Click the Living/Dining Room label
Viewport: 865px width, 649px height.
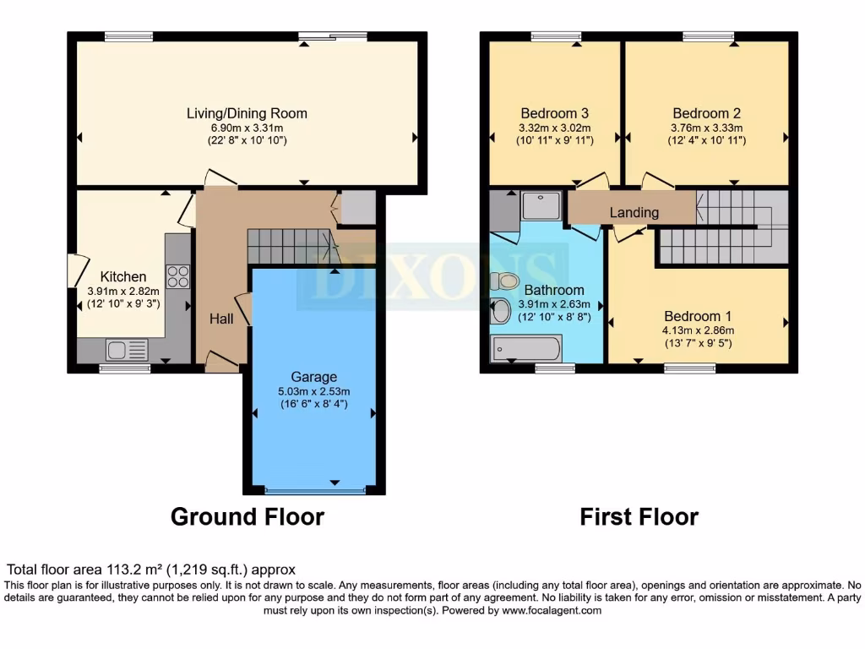click(x=247, y=113)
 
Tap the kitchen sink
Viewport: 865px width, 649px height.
click(x=126, y=349)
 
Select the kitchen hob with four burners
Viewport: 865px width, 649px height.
click(x=178, y=276)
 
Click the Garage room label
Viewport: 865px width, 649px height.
click(x=314, y=377)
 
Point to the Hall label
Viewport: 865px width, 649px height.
click(x=221, y=319)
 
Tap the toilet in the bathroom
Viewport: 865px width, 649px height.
click(x=504, y=281)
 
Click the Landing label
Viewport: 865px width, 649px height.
click(x=634, y=212)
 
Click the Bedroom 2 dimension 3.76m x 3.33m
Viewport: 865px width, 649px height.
click(x=706, y=128)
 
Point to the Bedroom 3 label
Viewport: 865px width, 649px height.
click(x=554, y=113)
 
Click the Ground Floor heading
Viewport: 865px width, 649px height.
click(x=248, y=516)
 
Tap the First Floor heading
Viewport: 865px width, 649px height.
click(x=639, y=516)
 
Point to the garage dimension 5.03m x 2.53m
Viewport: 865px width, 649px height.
click(x=314, y=391)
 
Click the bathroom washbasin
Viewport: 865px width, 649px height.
click(x=500, y=312)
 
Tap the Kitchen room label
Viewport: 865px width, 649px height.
click(x=123, y=276)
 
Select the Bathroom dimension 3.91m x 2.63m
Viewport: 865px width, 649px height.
click(x=554, y=304)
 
